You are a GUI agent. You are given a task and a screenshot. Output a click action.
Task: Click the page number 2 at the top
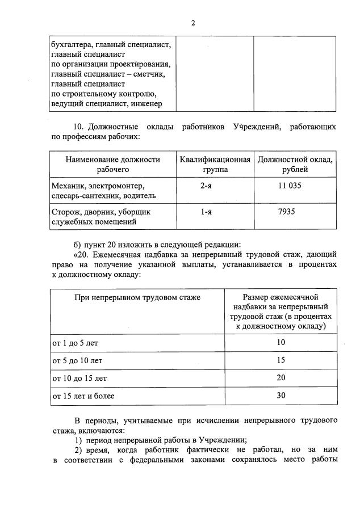click(x=193, y=23)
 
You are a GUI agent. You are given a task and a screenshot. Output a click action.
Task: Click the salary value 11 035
click(x=289, y=186)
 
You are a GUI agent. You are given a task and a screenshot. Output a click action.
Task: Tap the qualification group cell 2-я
click(x=207, y=186)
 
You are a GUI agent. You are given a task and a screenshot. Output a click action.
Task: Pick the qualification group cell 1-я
click(x=207, y=212)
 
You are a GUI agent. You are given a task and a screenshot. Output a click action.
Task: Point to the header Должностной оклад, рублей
click(x=295, y=165)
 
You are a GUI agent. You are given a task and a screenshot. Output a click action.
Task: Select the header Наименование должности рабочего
click(x=112, y=165)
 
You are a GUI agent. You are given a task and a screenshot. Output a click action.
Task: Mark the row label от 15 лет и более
click(x=83, y=396)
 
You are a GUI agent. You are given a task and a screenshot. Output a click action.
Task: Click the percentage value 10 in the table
click(x=281, y=343)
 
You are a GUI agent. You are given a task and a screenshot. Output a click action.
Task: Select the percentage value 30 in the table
click(x=281, y=396)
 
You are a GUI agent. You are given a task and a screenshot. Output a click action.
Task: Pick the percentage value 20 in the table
click(x=281, y=378)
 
